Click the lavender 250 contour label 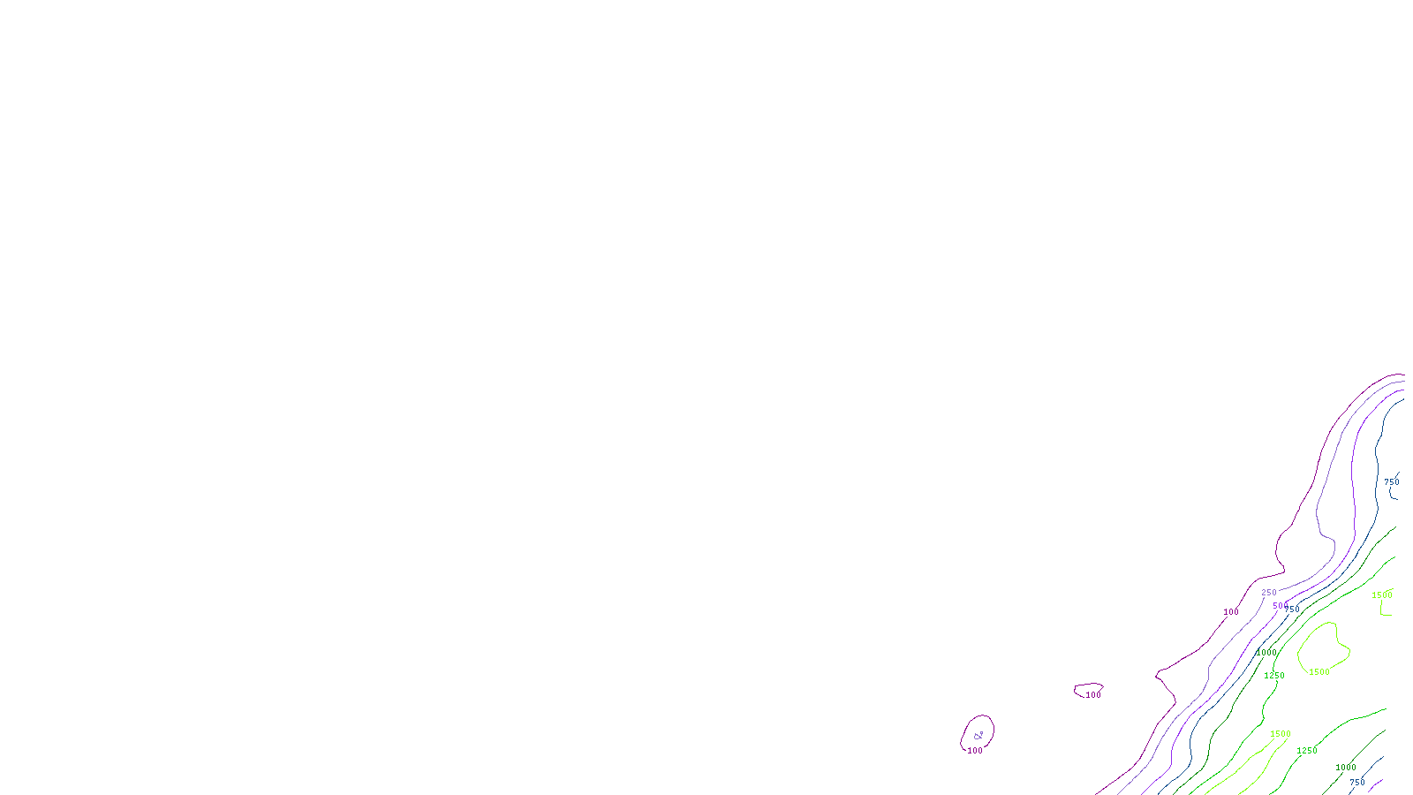pyautogui.click(x=1269, y=593)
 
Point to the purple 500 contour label pyautogui.click(x=1280, y=606)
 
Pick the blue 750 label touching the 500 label pyautogui.click(x=1293, y=609)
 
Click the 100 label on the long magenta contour pyautogui.click(x=1231, y=612)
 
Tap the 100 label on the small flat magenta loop pyautogui.click(x=1093, y=695)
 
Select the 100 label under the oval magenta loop pyautogui.click(x=975, y=751)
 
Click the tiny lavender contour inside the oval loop pyautogui.click(x=978, y=736)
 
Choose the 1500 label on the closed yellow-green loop pyautogui.click(x=1319, y=672)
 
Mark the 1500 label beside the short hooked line pyautogui.click(x=1382, y=595)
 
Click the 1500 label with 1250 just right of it pyautogui.click(x=1281, y=734)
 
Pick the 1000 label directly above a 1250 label pyautogui.click(x=1266, y=653)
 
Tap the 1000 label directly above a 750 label pyautogui.click(x=1346, y=768)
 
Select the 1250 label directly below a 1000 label pyautogui.click(x=1274, y=676)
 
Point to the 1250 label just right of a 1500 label pyautogui.click(x=1307, y=751)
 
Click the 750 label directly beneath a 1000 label pyautogui.click(x=1357, y=783)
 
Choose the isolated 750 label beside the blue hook pyautogui.click(x=1392, y=482)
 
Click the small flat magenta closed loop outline pyautogui.click(x=1088, y=685)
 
